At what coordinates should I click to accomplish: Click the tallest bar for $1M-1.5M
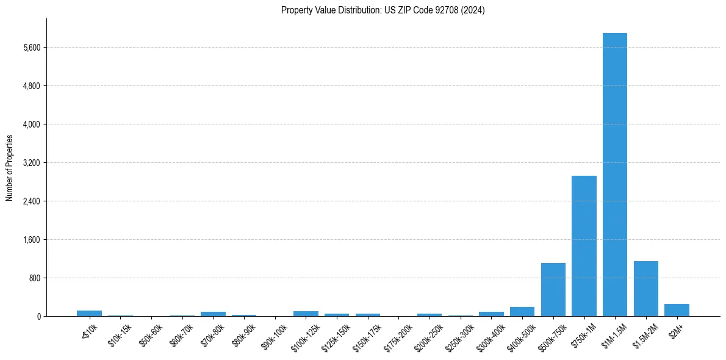coord(614,175)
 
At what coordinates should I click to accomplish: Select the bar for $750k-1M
coord(584,246)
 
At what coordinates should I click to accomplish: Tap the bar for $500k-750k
coord(553,289)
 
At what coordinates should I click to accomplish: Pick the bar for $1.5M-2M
coord(645,289)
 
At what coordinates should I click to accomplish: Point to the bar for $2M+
coord(677,310)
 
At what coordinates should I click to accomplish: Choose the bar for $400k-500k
coord(522,311)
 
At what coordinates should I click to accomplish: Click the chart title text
coord(383,10)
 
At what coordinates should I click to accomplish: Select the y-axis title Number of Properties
coord(10,167)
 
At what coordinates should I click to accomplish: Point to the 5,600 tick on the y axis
coord(31,48)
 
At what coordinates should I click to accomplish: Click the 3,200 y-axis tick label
coord(31,163)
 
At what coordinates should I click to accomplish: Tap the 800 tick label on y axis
coord(34,278)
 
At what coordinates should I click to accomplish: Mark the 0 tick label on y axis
coord(38,317)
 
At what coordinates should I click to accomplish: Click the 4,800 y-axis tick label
coord(31,86)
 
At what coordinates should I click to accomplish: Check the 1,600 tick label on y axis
coord(31,240)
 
